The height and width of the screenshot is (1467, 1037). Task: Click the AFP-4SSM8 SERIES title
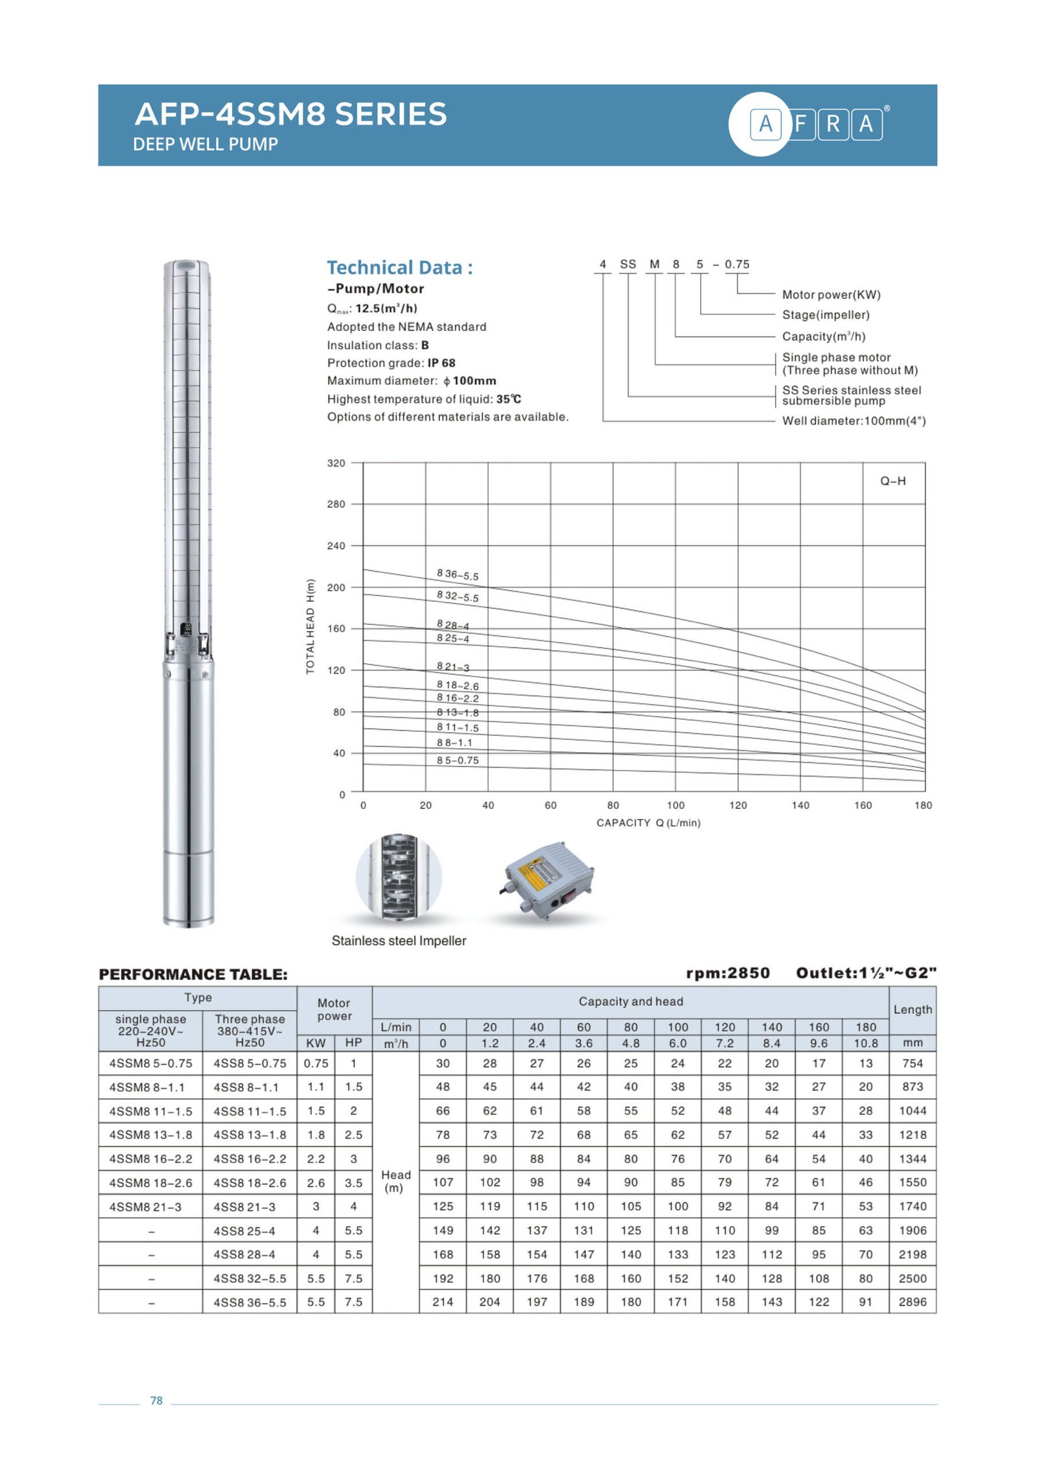(290, 114)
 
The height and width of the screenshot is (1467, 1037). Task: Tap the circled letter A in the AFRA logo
(765, 123)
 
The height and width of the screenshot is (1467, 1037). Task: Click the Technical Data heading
(399, 267)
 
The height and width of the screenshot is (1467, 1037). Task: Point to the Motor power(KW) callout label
(830, 294)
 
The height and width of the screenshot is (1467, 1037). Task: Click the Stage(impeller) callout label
(825, 314)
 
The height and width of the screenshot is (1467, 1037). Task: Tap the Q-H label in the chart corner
(892, 480)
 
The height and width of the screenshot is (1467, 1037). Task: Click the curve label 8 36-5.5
(457, 574)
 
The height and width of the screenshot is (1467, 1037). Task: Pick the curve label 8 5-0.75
(457, 760)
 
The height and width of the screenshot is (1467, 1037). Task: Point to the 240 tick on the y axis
(336, 545)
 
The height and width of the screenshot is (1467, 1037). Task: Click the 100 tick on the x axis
(675, 804)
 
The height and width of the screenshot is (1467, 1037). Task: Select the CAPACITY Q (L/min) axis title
(647, 822)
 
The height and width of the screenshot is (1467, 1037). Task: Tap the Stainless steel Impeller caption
(399, 940)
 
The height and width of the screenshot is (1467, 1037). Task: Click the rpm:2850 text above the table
(727, 972)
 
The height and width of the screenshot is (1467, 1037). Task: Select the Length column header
(912, 1009)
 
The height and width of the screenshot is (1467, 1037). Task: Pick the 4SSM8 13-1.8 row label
(150, 1134)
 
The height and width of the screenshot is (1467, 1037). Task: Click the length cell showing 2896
(912, 1302)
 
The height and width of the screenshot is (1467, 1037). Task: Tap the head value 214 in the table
(443, 1302)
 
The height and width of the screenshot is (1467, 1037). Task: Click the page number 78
(156, 1400)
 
